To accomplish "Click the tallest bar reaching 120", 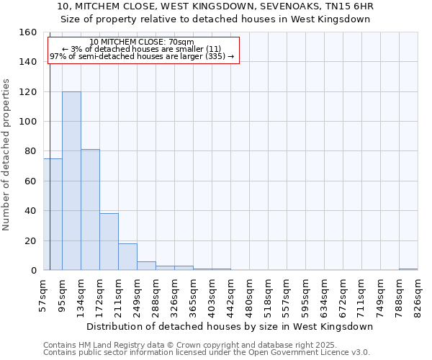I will (x=71, y=181).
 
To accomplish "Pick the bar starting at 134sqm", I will (x=90, y=210).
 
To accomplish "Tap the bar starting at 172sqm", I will (x=109, y=242).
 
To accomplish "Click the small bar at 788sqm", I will (x=408, y=269).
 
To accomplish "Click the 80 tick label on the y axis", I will (x=31, y=151).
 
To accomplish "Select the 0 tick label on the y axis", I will (x=34, y=271).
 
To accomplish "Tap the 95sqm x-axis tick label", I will (x=62, y=294).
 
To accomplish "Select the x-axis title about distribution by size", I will (x=229, y=326).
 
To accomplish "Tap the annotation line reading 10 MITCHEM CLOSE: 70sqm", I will (x=142, y=42).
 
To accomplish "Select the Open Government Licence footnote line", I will (x=206, y=352).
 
